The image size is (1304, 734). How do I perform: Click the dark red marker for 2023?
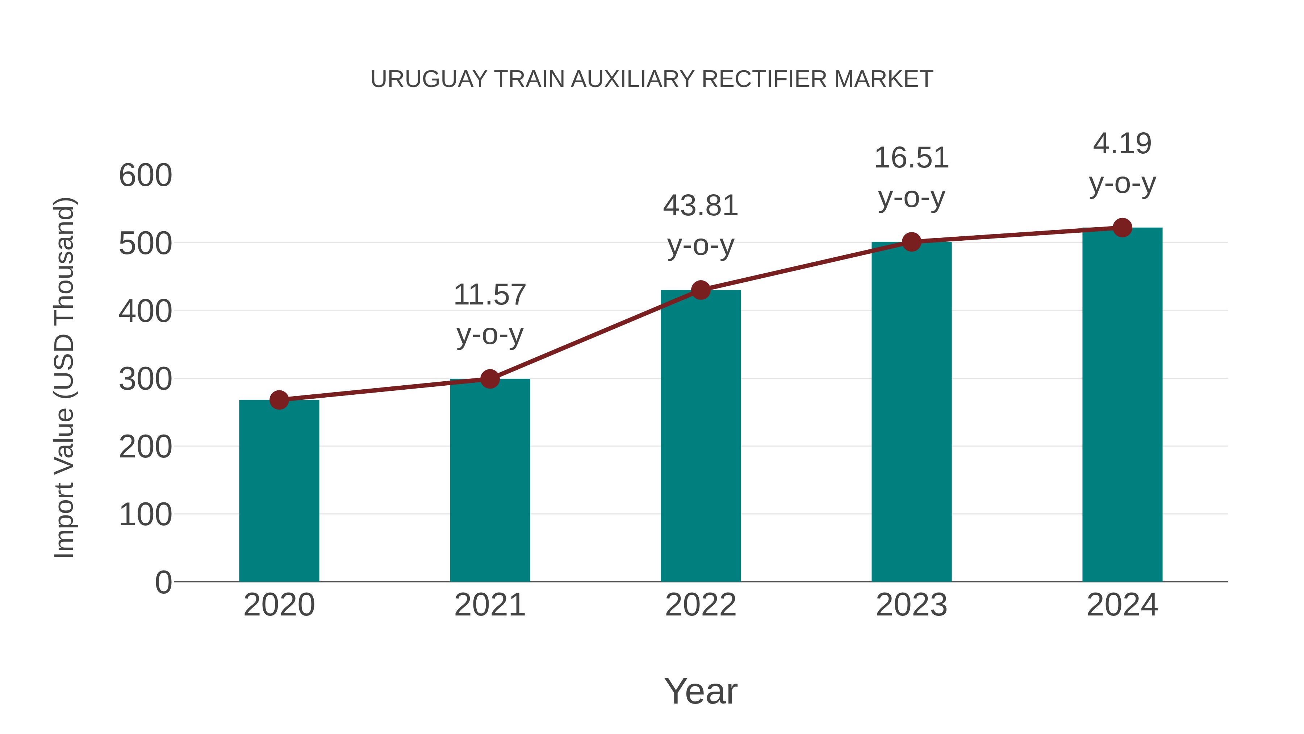pos(911,242)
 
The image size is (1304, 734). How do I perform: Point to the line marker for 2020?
pos(279,400)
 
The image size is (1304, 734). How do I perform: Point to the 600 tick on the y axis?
pos(145,176)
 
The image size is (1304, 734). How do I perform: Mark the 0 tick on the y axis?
pos(163,582)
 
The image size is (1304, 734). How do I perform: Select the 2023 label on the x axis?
pos(911,605)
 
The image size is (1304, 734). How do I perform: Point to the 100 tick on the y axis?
pos(145,515)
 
